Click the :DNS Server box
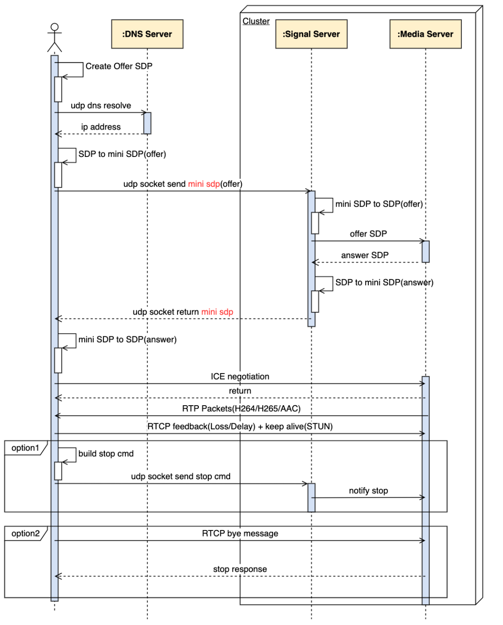[147, 34]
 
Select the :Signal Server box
[311, 34]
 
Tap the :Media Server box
[425, 34]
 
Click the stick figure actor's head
[54, 27]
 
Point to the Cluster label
[256, 21]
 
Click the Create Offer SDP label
[119, 66]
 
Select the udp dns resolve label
[101, 106]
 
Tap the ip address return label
[101, 127]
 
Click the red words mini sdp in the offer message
[204, 184]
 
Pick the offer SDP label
[368, 234]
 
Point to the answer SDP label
[365, 255]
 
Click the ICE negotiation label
[240, 376]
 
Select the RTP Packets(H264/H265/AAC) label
[241, 408]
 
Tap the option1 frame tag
[26, 448]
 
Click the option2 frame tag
[26, 534]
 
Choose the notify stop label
[368, 491]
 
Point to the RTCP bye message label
[240, 534]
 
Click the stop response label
[240, 569]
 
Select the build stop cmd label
[106, 454]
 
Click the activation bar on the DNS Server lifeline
[147, 123]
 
